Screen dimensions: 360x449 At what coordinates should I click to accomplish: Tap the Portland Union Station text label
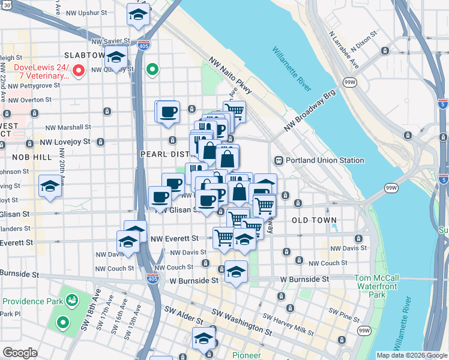pyautogui.click(x=325, y=160)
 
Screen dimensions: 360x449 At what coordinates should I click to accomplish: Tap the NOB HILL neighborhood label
pyautogui.click(x=32, y=157)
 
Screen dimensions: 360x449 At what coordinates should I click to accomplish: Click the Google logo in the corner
pyautogui.click(x=20, y=353)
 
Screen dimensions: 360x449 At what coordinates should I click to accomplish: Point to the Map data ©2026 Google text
pyautogui.click(x=412, y=355)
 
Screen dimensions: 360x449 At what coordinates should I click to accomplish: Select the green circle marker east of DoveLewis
pyautogui.click(x=153, y=70)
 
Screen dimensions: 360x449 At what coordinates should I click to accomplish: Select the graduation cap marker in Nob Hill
pyautogui.click(x=50, y=186)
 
